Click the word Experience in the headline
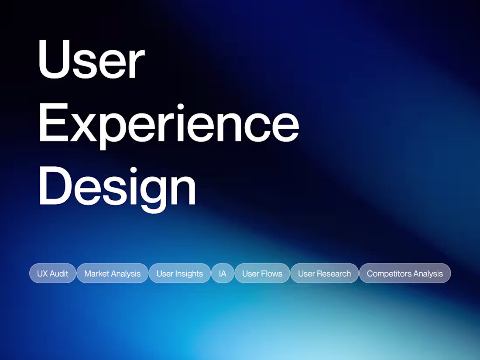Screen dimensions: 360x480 coord(168,123)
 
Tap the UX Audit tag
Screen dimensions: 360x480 coord(53,274)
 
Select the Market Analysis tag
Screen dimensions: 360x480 coord(113,274)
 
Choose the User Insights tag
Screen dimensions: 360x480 coord(180,274)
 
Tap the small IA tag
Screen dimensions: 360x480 coord(223,274)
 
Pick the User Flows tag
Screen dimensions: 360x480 coord(262,274)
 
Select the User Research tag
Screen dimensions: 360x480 coord(324,274)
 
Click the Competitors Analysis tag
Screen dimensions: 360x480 coord(405,274)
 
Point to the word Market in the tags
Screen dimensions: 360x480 coord(96,274)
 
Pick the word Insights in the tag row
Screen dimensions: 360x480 coord(189,274)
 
